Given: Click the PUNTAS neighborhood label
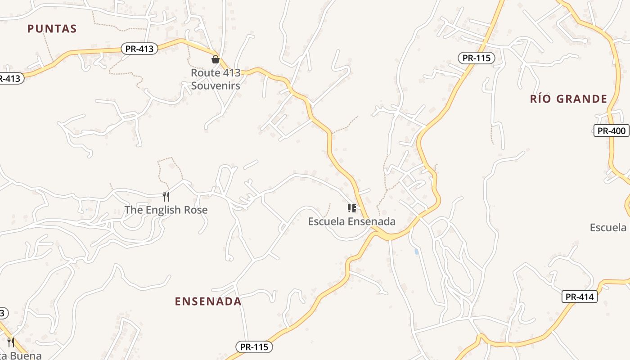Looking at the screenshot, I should (x=52, y=29).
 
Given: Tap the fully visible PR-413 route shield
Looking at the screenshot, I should (x=139, y=49).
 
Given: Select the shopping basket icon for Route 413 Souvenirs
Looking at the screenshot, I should (x=216, y=59).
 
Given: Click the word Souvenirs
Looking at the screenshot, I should (x=216, y=85).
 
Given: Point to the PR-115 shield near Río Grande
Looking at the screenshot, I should (x=477, y=58).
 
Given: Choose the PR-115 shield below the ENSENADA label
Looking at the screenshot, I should (x=254, y=347).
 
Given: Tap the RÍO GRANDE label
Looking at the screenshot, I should (x=569, y=99).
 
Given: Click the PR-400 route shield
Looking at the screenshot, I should (x=611, y=131).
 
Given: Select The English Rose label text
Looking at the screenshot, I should (x=166, y=210).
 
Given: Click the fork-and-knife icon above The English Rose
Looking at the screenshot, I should (x=166, y=196).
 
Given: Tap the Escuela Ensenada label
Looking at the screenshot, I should (x=351, y=221).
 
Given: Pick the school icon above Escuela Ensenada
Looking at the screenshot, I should (x=351, y=208).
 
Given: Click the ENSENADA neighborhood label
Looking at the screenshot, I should (x=208, y=301).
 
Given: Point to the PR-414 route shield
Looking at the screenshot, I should (x=580, y=297).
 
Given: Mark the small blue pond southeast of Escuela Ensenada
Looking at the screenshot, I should (x=417, y=252).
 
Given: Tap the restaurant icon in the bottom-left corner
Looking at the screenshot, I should (x=10, y=342).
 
